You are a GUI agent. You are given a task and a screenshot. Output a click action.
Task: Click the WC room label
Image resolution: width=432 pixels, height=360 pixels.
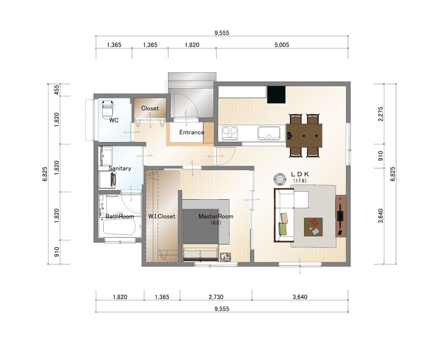tap(114, 120)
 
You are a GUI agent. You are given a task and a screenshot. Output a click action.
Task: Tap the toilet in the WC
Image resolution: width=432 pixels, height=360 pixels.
tap(107, 110)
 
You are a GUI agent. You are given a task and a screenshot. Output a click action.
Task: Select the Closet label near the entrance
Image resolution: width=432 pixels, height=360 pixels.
tap(150, 108)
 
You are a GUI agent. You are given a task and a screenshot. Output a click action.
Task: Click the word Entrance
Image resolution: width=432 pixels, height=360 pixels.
tap(192, 132)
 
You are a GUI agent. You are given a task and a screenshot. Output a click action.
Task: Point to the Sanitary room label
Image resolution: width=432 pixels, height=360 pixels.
tap(120, 168)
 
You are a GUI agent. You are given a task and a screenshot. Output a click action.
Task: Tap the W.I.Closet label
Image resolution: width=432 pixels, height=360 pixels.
tap(161, 216)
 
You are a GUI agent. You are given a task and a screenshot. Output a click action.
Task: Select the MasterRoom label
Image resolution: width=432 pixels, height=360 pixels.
tap(215, 216)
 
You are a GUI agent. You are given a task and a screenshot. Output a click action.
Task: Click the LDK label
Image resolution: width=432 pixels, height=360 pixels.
tap(300, 174)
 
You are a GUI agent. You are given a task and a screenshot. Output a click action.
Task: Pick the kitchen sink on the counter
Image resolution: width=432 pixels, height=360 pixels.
tap(268, 133)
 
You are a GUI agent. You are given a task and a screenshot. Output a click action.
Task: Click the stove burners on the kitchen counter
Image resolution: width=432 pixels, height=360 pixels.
tap(230, 133)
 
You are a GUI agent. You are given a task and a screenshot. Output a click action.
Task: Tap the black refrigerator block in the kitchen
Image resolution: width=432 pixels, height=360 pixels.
tap(276, 95)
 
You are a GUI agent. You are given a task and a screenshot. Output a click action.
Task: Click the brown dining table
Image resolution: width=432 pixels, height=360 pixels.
tap(304, 135)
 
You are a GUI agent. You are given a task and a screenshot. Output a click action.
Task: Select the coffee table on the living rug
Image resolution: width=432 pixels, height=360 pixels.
tap(313, 227)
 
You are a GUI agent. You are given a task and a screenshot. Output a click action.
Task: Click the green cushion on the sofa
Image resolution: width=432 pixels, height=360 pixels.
tap(283, 229)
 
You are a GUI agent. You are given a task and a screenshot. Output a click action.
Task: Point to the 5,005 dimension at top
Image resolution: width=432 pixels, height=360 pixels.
tap(281, 45)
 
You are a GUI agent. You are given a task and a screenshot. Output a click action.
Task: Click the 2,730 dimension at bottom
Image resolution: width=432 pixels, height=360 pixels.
tap(215, 297)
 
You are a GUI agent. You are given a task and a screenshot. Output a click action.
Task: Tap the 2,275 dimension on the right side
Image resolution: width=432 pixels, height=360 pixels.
tap(381, 114)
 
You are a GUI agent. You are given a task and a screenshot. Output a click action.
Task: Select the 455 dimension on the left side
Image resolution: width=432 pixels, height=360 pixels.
tap(56, 90)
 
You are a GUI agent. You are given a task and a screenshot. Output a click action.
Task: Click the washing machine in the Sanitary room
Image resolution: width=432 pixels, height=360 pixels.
tap(107, 180)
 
